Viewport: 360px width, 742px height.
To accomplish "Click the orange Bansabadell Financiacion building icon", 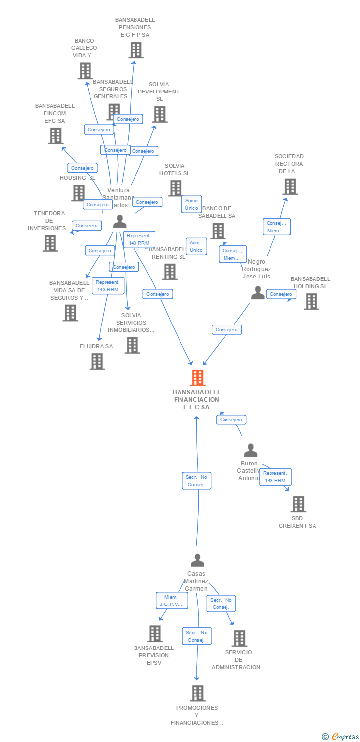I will [x=197, y=378].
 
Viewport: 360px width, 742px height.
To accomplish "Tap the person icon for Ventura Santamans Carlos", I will [x=120, y=221].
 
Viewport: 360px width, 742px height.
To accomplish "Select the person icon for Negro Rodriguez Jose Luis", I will [x=258, y=293].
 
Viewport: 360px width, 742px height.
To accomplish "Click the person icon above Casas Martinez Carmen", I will [x=197, y=560].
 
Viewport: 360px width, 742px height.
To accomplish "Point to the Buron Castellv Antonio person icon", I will [x=251, y=450].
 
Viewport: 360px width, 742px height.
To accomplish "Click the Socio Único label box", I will [x=191, y=204].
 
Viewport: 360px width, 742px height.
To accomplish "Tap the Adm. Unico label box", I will [x=196, y=246].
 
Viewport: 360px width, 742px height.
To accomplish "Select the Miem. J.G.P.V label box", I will [x=172, y=601].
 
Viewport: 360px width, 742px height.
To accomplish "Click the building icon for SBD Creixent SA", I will [x=298, y=504].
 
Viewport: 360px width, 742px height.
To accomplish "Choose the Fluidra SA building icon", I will [x=97, y=361].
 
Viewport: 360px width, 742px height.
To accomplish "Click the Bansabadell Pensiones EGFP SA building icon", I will [x=135, y=50].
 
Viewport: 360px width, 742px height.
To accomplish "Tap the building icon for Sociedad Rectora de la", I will [x=290, y=186].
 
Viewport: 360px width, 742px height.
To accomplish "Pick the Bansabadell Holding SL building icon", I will [x=311, y=301].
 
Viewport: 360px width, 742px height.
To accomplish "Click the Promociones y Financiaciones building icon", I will [x=197, y=693].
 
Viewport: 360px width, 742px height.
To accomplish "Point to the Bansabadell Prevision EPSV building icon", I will [x=155, y=634].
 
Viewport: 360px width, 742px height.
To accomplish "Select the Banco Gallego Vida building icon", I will [x=85, y=71].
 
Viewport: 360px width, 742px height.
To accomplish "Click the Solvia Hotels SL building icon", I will [x=175, y=188].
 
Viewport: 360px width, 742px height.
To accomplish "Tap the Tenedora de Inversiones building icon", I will [x=49, y=243].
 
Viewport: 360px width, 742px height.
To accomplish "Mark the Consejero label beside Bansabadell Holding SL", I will [x=281, y=294].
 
